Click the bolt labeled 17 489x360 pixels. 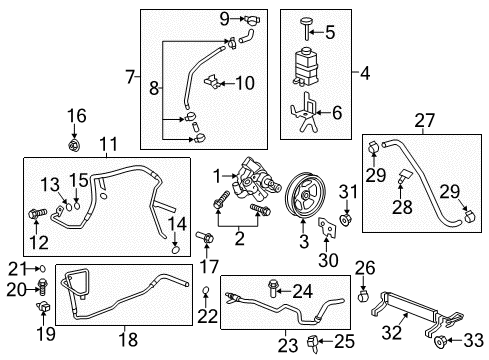(x=206, y=240)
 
